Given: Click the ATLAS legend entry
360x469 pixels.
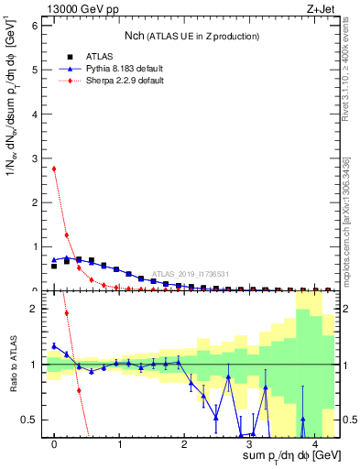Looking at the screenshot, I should pyautogui.click(x=89, y=56).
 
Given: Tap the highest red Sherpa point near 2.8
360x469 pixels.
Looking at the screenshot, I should pyautogui.click(x=54, y=169).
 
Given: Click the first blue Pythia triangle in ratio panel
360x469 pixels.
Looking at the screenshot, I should pyautogui.click(x=54, y=345).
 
